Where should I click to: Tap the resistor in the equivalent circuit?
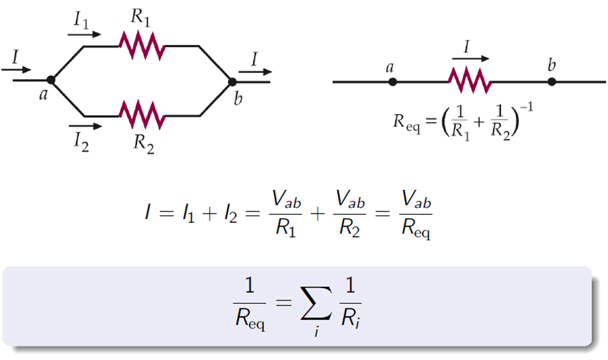pyautogui.click(x=470, y=81)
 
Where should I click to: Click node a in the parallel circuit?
pyautogui.click(x=51, y=81)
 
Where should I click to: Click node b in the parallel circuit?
pyautogui.click(x=232, y=81)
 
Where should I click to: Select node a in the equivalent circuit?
pyautogui.click(x=393, y=82)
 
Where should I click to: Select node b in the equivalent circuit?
pyautogui.click(x=552, y=82)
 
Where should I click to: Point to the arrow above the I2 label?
pyautogui.click(x=85, y=125)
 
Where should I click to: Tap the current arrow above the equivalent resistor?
pyautogui.click(x=470, y=58)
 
